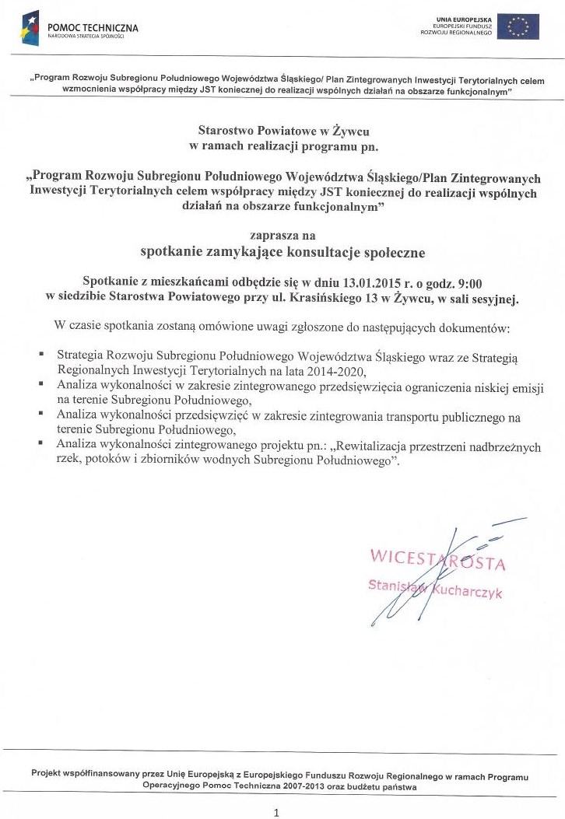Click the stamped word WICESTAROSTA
438,560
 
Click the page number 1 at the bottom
276,813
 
